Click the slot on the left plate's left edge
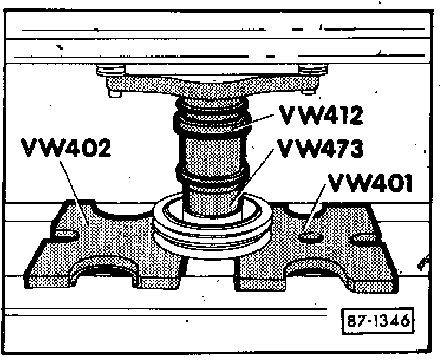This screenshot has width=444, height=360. point(66,235)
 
